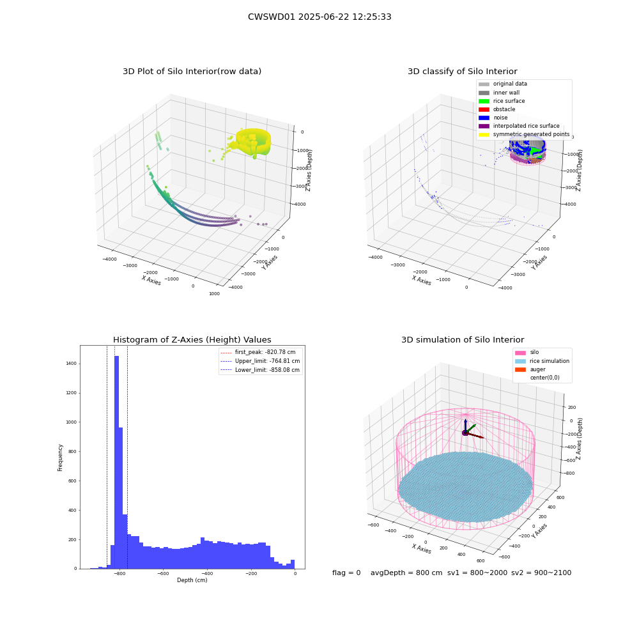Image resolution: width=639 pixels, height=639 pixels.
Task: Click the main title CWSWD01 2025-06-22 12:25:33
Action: (319, 17)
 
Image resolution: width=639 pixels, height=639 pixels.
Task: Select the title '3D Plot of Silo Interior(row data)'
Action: (192, 72)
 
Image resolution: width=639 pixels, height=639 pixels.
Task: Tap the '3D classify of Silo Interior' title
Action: (463, 72)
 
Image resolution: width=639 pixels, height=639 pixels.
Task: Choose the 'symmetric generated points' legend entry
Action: (524, 134)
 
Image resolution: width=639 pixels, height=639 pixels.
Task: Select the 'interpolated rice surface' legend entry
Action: (519, 126)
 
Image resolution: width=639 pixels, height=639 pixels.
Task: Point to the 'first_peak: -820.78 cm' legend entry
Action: (258, 352)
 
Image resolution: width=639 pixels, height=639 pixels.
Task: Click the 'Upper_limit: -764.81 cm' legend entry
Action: (260, 361)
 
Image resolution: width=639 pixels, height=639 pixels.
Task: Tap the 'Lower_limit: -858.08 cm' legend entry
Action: (260, 370)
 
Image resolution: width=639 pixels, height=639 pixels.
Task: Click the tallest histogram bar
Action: (116, 462)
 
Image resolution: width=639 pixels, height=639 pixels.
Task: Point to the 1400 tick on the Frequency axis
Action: (72, 364)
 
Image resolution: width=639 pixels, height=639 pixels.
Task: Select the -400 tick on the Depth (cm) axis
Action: (206, 573)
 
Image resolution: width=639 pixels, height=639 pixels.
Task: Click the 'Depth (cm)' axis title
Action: (192, 580)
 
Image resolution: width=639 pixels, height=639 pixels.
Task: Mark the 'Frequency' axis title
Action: (60, 458)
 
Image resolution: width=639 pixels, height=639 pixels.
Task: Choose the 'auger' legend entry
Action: (530, 369)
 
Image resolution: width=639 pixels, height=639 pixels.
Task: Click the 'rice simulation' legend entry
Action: (542, 361)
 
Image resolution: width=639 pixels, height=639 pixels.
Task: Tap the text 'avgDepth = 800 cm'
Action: (406, 573)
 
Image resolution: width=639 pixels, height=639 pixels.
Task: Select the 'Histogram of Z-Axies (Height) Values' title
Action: (192, 340)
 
